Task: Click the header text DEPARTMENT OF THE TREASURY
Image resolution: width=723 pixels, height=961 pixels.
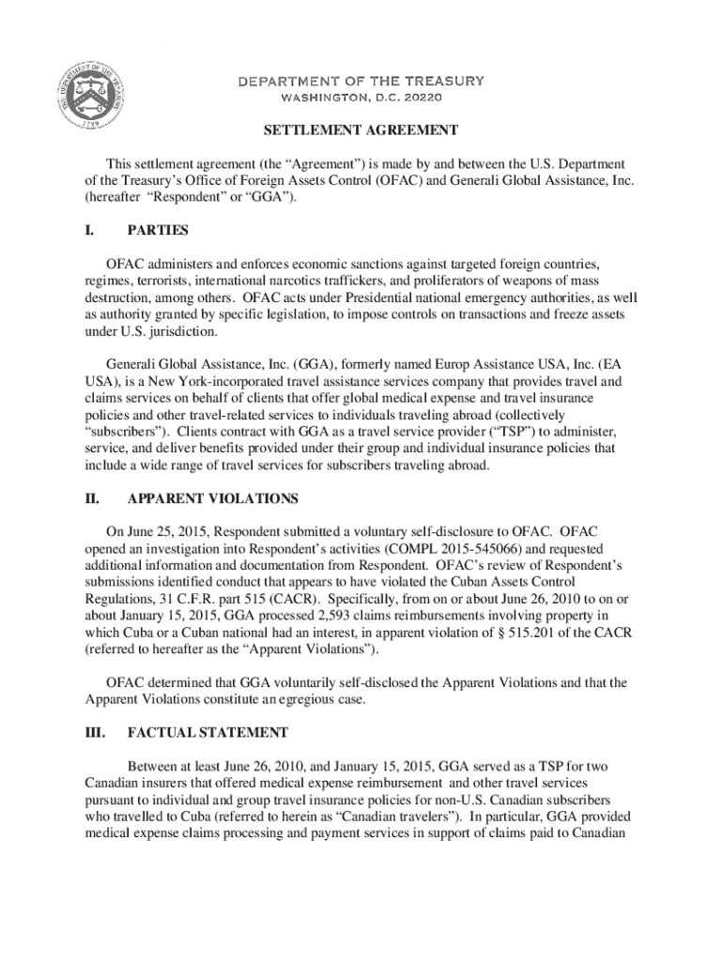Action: click(361, 81)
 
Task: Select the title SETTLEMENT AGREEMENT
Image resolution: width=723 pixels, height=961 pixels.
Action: click(361, 130)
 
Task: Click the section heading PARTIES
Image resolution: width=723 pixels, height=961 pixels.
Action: click(158, 230)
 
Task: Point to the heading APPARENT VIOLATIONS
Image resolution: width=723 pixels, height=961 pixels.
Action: click(212, 498)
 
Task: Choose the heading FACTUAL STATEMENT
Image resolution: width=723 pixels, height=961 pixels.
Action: click(208, 732)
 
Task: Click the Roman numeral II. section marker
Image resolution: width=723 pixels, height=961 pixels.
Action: click(92, 498)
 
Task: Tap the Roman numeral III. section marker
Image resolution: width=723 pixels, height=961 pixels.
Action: click(95, 732)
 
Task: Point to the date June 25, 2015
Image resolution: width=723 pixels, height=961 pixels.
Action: click(170, 530)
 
